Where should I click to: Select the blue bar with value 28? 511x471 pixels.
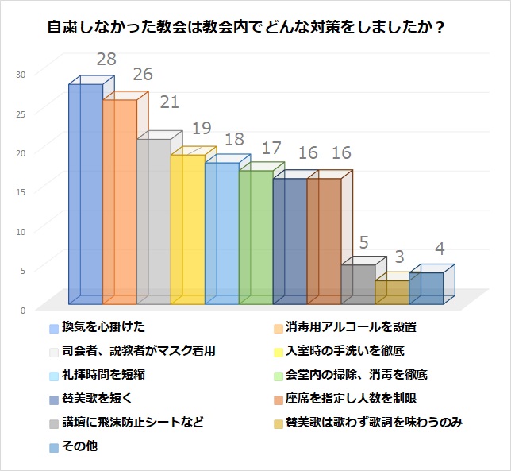[x=86, y=194]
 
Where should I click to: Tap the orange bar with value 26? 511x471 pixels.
[x=120, y=202]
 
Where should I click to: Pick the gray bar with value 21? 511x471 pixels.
[x=154, y=222]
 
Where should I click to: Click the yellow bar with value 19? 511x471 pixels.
[x=188, y=230]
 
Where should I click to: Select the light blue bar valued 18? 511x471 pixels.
[x=222, y=234]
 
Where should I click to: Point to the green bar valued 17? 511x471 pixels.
[x=256, y=237]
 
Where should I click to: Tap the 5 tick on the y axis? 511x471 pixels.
[x=23, y=270]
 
